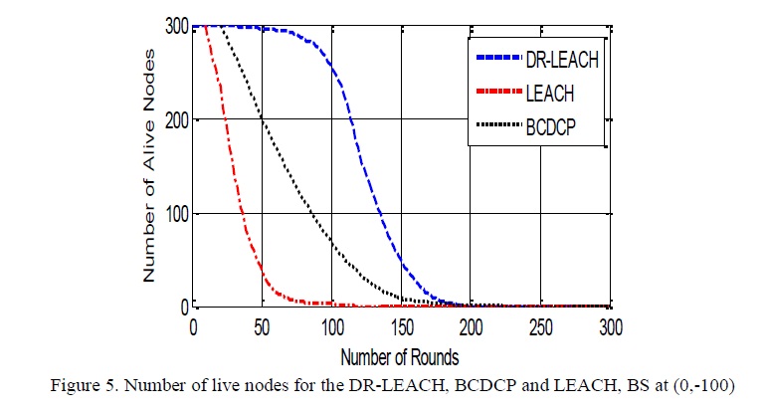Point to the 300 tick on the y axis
click(x=177, y=27)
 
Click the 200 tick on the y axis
click(x=177, y=120)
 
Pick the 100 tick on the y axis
click(x=177, y=213)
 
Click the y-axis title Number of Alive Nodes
click(x=150, y=166)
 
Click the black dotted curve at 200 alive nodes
click(x=263, y=120)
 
